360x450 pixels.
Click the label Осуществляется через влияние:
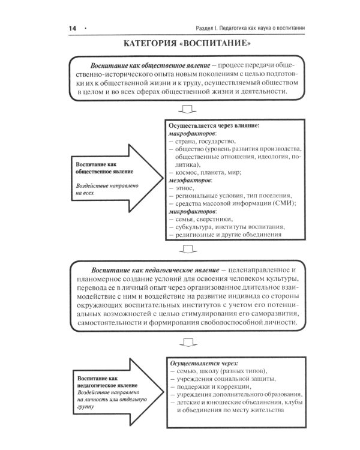pyautogui.click(x=214, y=126)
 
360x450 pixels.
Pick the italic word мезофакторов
pyautogui.click(x=191, y=180)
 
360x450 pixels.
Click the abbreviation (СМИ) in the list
pyautogui.click(x=283, y=203)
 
